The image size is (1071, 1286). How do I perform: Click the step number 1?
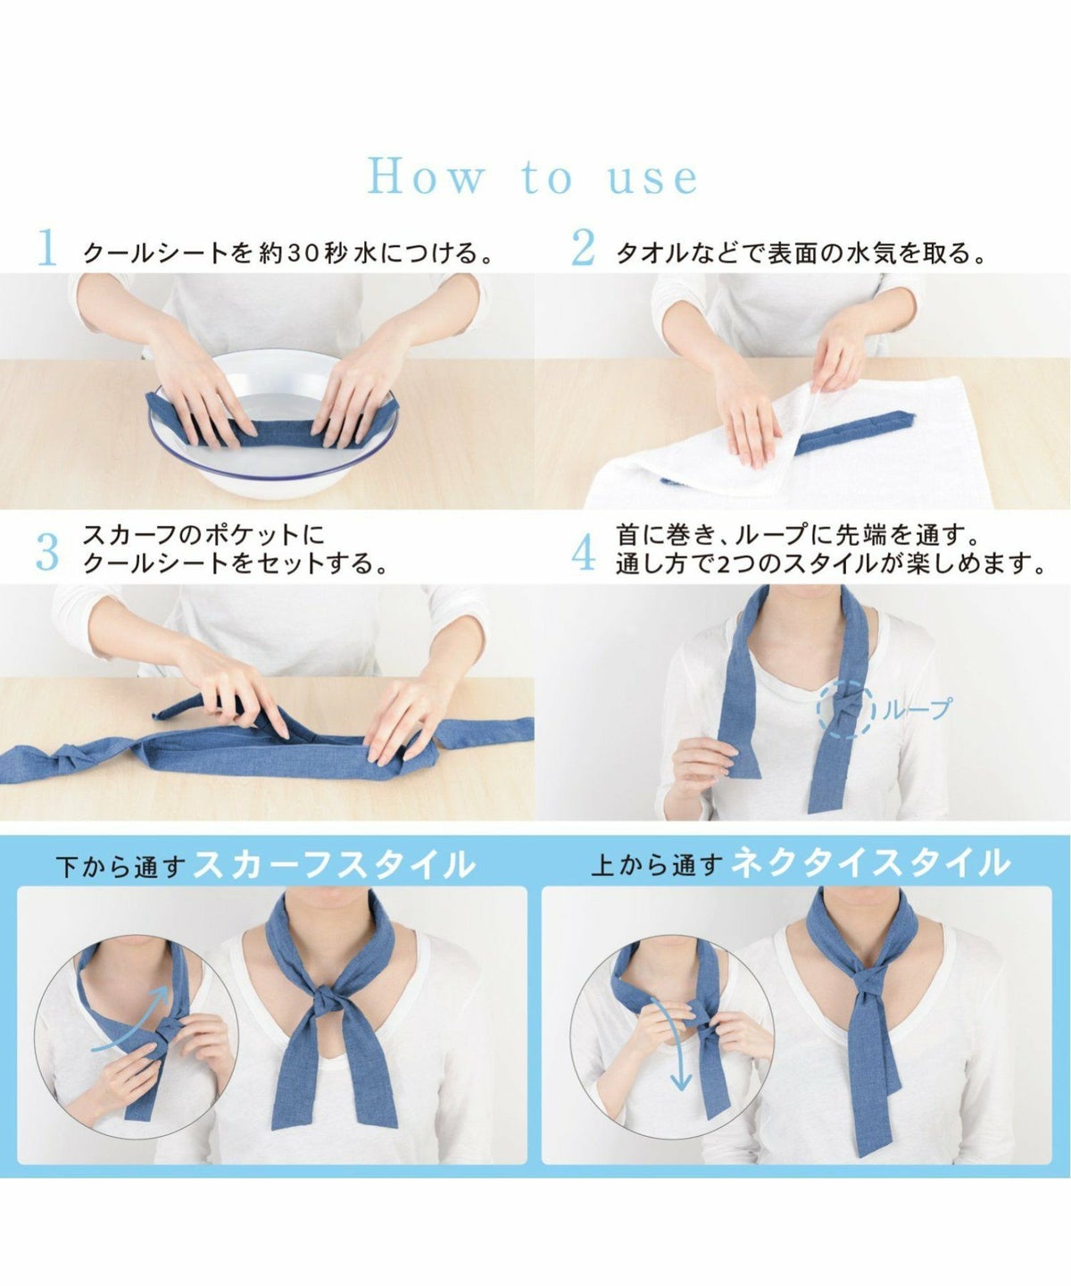47,247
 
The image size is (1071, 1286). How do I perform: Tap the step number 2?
583,247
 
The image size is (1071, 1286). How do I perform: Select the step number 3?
47,553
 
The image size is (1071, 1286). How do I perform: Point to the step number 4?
584,553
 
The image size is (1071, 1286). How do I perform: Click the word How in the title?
426,178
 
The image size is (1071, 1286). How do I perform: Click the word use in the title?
652,179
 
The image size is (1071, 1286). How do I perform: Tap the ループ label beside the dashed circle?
917,710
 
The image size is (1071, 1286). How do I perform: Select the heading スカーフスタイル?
334,864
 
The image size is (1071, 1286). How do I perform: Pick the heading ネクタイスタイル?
869,863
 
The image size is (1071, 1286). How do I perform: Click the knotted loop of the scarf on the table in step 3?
74,756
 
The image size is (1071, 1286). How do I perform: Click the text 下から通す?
120,866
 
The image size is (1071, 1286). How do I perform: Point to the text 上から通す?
657,864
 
